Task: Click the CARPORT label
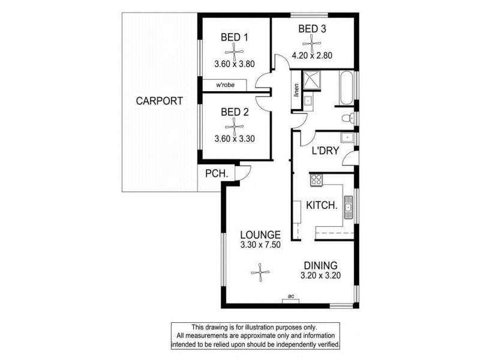(x=159, y=101)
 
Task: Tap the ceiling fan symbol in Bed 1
(x=235, y=50)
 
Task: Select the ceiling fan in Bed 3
(x=311, y=41)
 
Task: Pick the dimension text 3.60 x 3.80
(x=235, y=64)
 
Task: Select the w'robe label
(x=226, y=86)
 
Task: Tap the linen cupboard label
(x=296, y=91)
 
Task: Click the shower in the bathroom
(x=311, y=80)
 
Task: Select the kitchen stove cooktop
(x=316, y=179)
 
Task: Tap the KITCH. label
(x=322, y=205)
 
